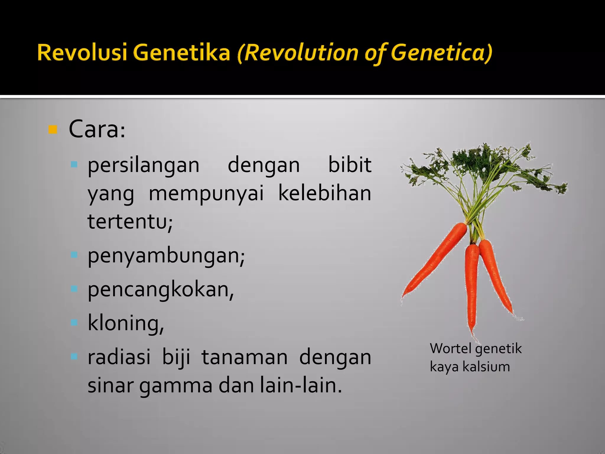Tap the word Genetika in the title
181,53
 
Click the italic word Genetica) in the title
441,53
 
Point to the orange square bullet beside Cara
53,130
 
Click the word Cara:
97,130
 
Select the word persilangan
144,166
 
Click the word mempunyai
206,194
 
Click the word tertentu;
130,222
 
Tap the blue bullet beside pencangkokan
74,288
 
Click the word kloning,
126,323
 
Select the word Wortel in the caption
451,349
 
